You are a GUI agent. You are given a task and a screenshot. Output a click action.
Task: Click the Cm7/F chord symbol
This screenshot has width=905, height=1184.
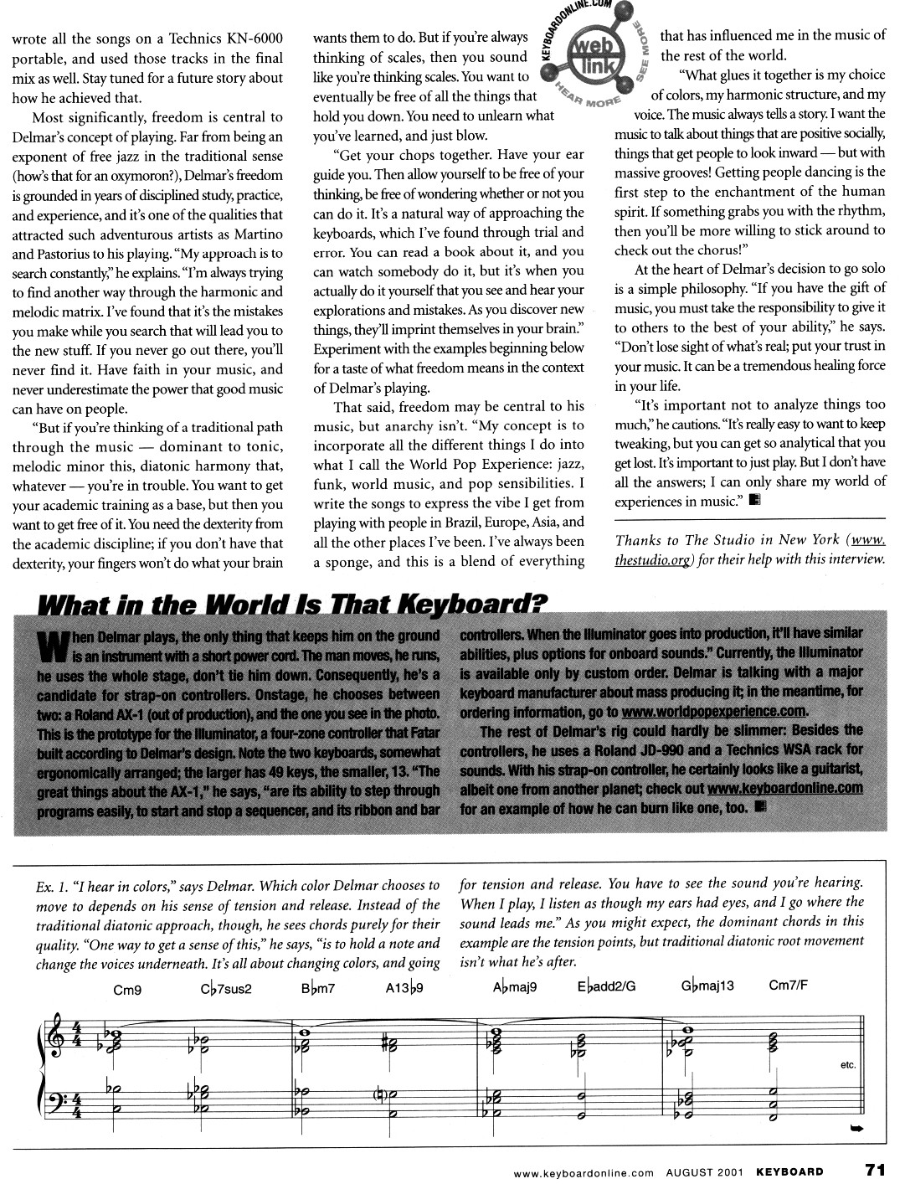[789, 986]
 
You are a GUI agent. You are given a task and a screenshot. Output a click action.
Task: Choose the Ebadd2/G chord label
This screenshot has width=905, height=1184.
[606, 986]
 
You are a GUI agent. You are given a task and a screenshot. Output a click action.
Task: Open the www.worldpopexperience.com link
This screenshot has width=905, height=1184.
[714, 712]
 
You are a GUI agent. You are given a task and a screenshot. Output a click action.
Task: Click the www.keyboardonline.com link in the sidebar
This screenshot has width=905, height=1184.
[784, 788]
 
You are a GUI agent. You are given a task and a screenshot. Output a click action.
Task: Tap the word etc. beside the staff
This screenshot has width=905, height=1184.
[846, 1066]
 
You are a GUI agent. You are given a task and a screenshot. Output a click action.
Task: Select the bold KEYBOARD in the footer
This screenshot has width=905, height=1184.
[789, 1171]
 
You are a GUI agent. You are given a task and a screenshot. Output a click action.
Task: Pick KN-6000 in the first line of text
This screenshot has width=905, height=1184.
[251, 39]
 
